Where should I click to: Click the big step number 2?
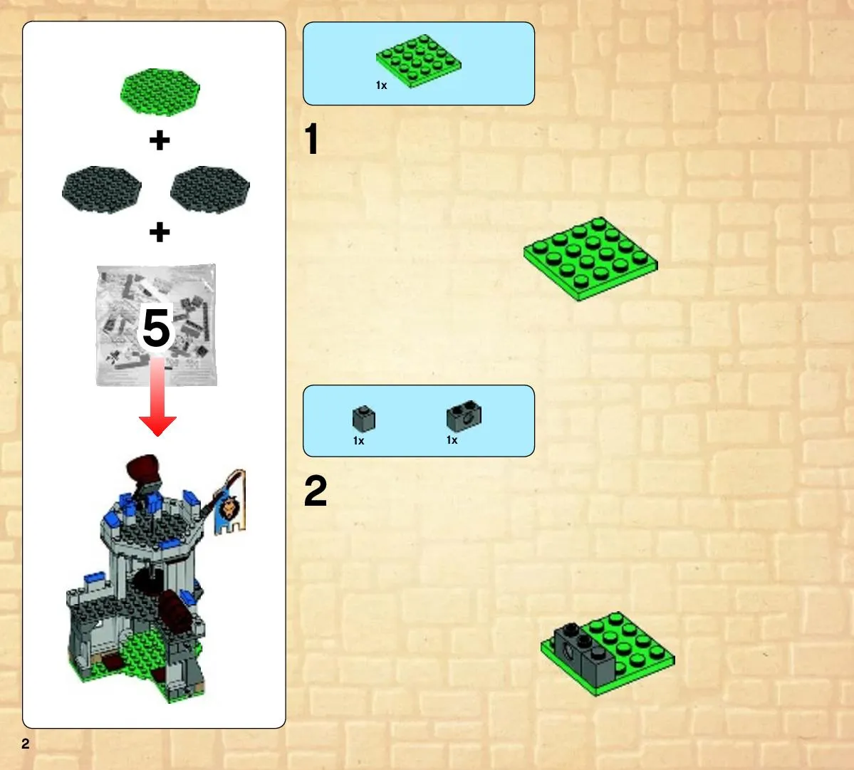pos(316,491)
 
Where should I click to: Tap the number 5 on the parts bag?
pos(156,327)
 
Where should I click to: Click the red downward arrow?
pos(157,397)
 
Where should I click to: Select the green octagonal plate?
pos(160,92)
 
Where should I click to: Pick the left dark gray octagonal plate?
pos(102,189)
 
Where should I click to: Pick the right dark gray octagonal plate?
pos(209,189)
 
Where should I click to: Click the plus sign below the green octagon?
pos(160,140)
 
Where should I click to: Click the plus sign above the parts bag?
pos(160,232)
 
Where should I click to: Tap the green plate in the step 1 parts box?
pos(418,61)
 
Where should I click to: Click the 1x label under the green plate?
pos(381,85)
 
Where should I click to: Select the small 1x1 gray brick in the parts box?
pos(364,419)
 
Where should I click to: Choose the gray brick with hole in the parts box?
pos(464,416)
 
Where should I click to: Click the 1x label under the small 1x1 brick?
pos(358,440)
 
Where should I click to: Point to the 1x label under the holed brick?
pos(452,440)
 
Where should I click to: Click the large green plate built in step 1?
pos(590,259)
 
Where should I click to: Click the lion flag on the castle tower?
pos(230,504)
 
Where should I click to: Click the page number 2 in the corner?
pos(26,744)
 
